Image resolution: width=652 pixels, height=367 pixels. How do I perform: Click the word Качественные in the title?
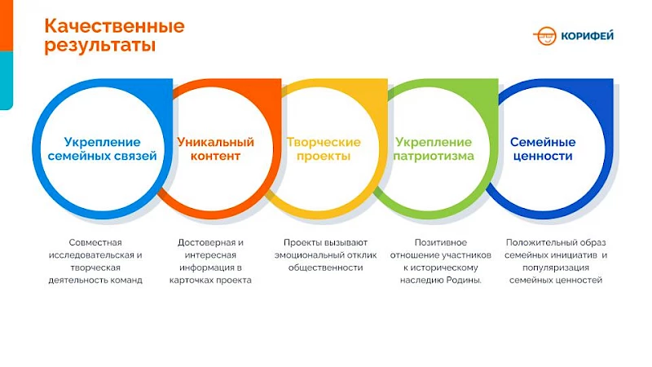click(x=114, y=26)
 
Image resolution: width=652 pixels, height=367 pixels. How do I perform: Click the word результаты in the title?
click(x=99, y=46)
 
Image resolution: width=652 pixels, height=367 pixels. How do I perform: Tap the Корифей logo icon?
click(x=545, y=36)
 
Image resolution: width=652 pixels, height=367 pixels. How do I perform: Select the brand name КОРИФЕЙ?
click(x=587, y=36)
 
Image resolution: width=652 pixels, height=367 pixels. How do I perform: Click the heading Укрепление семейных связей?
click(x=102, y=149)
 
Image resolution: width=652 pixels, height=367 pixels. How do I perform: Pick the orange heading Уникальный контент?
click(x=215, y=149)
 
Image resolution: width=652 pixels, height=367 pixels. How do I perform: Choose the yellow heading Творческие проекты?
click(x=324, y=149)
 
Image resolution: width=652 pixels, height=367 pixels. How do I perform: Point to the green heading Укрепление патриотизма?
click(x=433, y=149)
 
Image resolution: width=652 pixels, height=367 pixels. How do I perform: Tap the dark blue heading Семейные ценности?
click(x=542, y=149)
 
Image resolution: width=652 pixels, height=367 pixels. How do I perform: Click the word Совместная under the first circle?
click(x=95, y=242)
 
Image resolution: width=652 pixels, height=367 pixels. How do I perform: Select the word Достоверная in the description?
click(x=210, y=242)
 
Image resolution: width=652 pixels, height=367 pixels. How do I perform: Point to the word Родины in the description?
click(x=462, y=280)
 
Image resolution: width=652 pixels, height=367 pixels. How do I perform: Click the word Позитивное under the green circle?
click(x=440, y=242)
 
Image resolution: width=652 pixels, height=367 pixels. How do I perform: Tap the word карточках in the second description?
click(x=196, y=280)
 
